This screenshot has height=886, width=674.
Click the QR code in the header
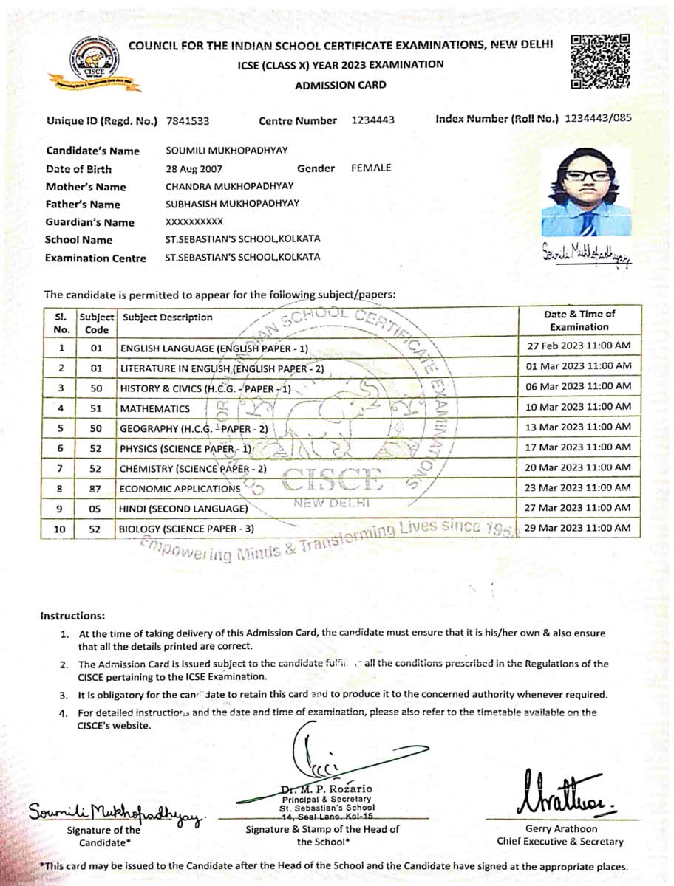tap(601, 61)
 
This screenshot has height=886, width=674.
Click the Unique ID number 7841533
tap(188, 120)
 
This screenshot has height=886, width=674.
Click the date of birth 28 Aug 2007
tap(194, 168)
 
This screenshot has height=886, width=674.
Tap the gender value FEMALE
tap(371, 168)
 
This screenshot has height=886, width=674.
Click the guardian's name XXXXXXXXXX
tap(194, 221)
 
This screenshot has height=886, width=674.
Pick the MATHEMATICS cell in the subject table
tap(154, 408)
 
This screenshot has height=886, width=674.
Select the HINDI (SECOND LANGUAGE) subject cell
tap(183, 509)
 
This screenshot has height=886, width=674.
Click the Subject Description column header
tap(168, 317)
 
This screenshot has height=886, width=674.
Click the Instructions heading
tap(72, 616)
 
